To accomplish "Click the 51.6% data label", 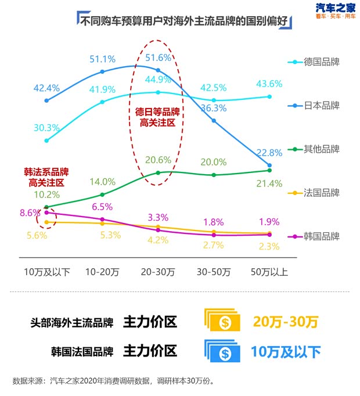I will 158,57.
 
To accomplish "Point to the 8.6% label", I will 30,213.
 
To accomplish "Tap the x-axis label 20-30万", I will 158,271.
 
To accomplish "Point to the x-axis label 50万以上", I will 269,271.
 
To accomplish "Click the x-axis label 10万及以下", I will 47,271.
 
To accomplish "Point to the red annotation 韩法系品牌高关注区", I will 46,177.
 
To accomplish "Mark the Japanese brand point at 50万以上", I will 269,165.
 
